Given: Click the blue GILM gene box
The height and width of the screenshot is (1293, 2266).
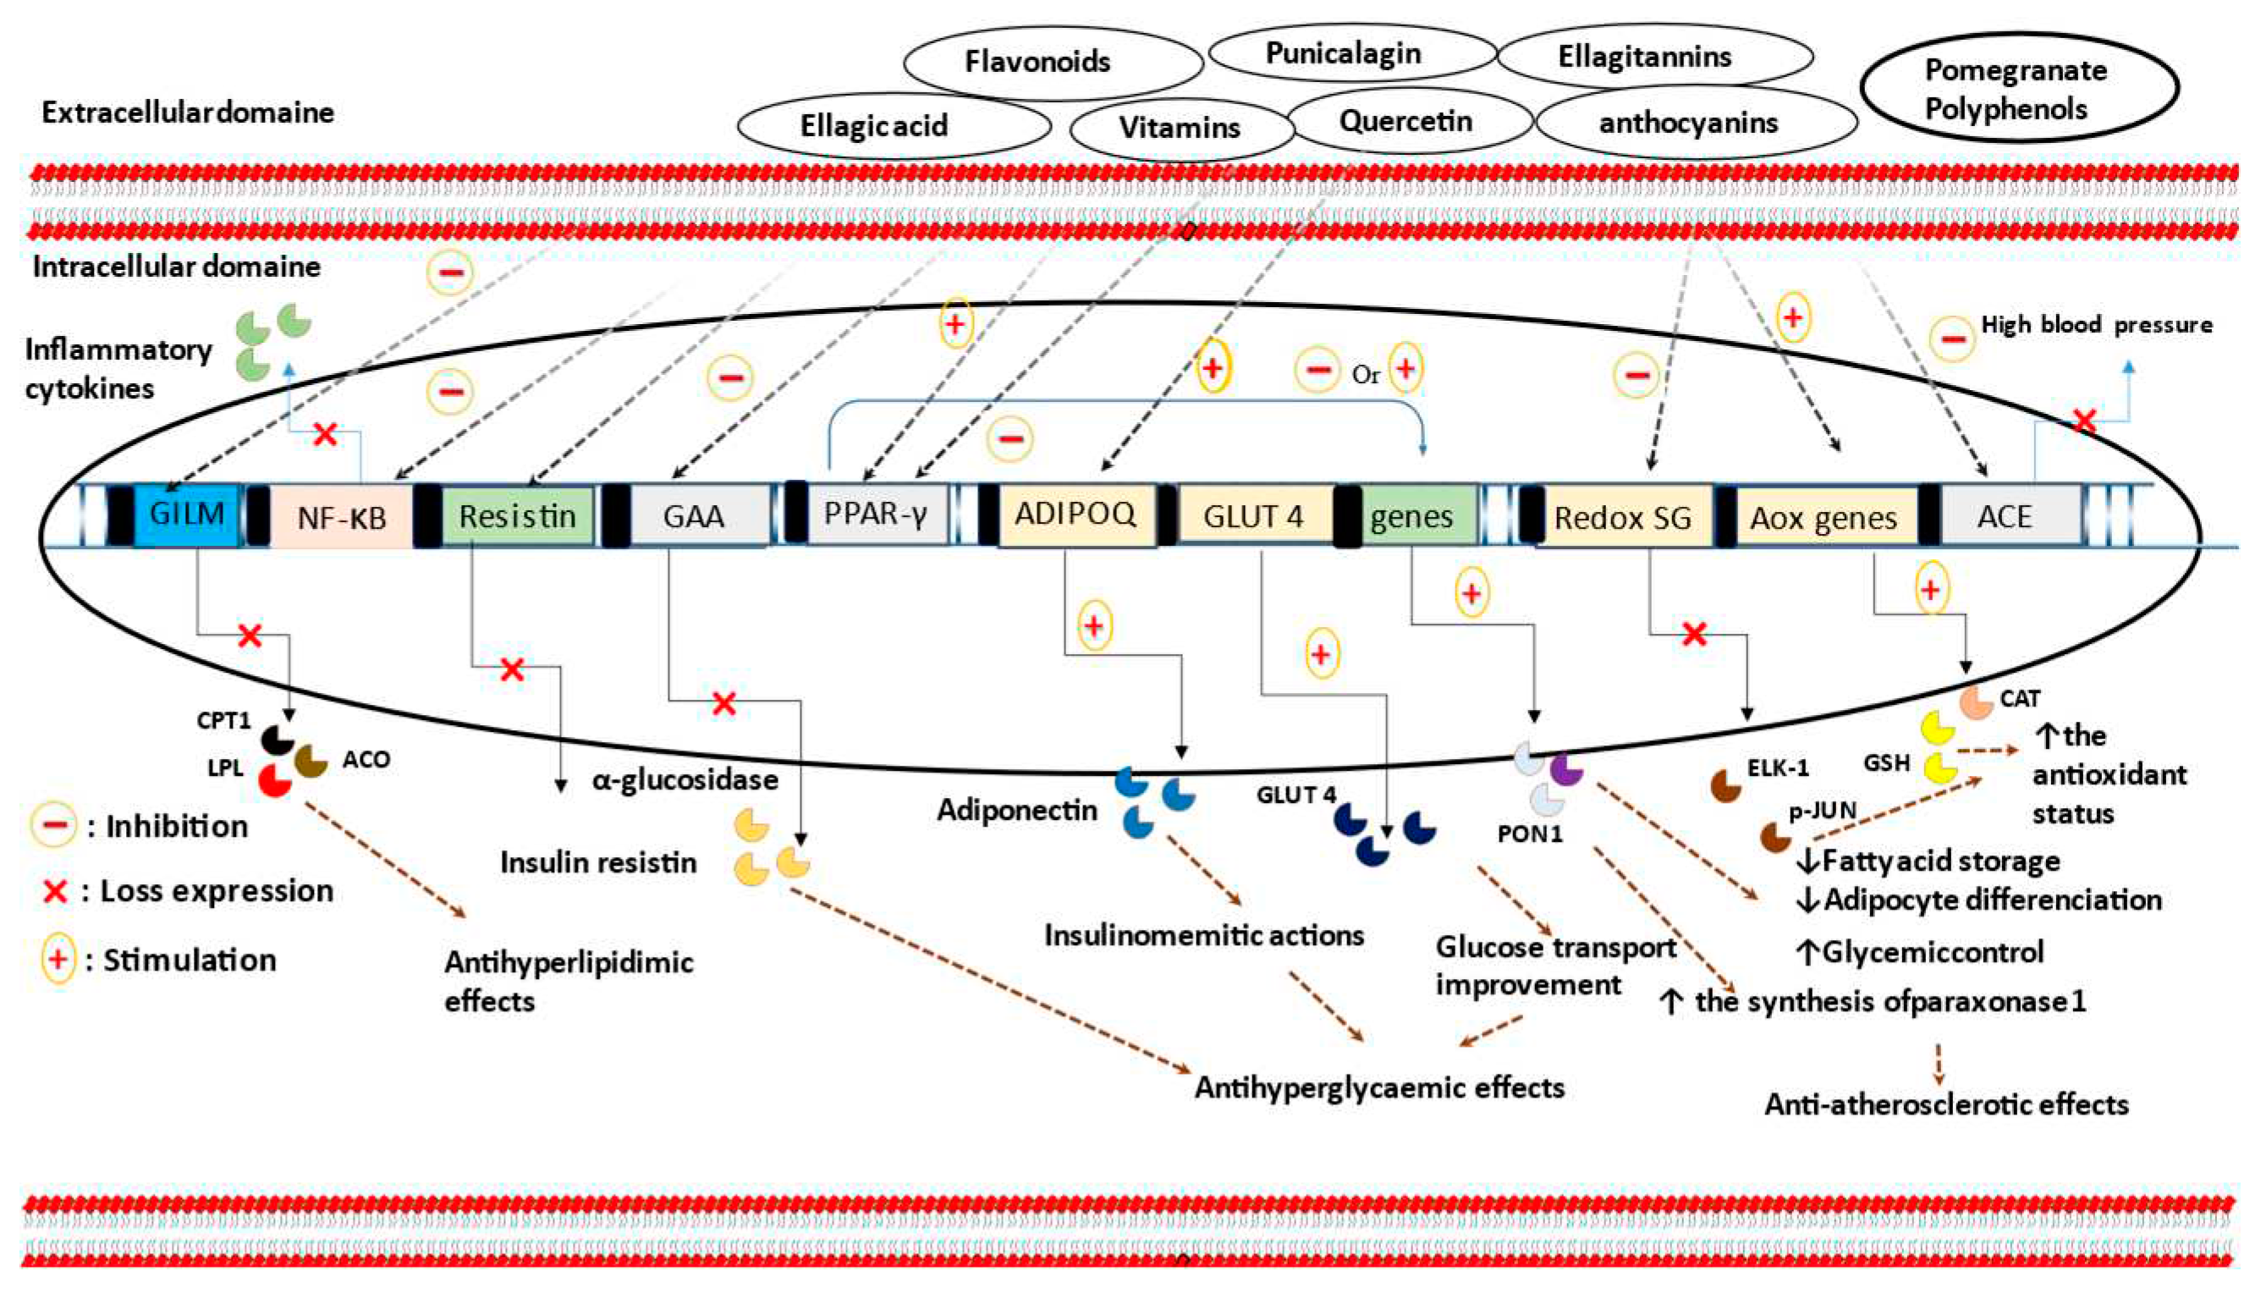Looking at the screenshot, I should (186, 514).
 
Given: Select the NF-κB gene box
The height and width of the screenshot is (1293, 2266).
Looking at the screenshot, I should (341, 516).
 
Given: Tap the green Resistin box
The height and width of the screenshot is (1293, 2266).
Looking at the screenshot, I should (518, 515).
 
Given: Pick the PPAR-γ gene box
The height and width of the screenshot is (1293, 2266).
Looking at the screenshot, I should (875, 514).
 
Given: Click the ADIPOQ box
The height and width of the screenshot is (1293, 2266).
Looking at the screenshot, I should (1075, 514).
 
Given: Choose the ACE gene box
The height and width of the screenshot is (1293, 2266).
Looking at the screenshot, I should (2004, 516).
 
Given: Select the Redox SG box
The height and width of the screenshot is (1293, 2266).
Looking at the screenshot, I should (1622, 517).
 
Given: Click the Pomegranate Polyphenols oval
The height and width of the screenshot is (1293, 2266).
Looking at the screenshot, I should (2017, 89).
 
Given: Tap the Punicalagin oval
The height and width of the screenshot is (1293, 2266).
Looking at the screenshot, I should (1344, 53).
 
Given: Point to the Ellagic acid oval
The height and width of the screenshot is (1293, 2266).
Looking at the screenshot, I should (874, 126).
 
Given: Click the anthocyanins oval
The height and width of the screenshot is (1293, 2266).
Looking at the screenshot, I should (1688, 123).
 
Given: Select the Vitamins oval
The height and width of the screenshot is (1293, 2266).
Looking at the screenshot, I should (1180, 128).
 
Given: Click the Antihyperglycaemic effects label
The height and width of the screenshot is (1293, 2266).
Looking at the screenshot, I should (1378, 1088).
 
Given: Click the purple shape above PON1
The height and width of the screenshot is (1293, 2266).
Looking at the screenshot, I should (1566, 769).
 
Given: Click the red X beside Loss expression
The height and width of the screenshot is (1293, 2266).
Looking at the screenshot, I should (55, 892).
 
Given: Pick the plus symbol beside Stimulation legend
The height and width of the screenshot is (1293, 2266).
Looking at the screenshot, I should (58, 960).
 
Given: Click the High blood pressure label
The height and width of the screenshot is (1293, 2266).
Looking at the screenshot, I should (2096, 325).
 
